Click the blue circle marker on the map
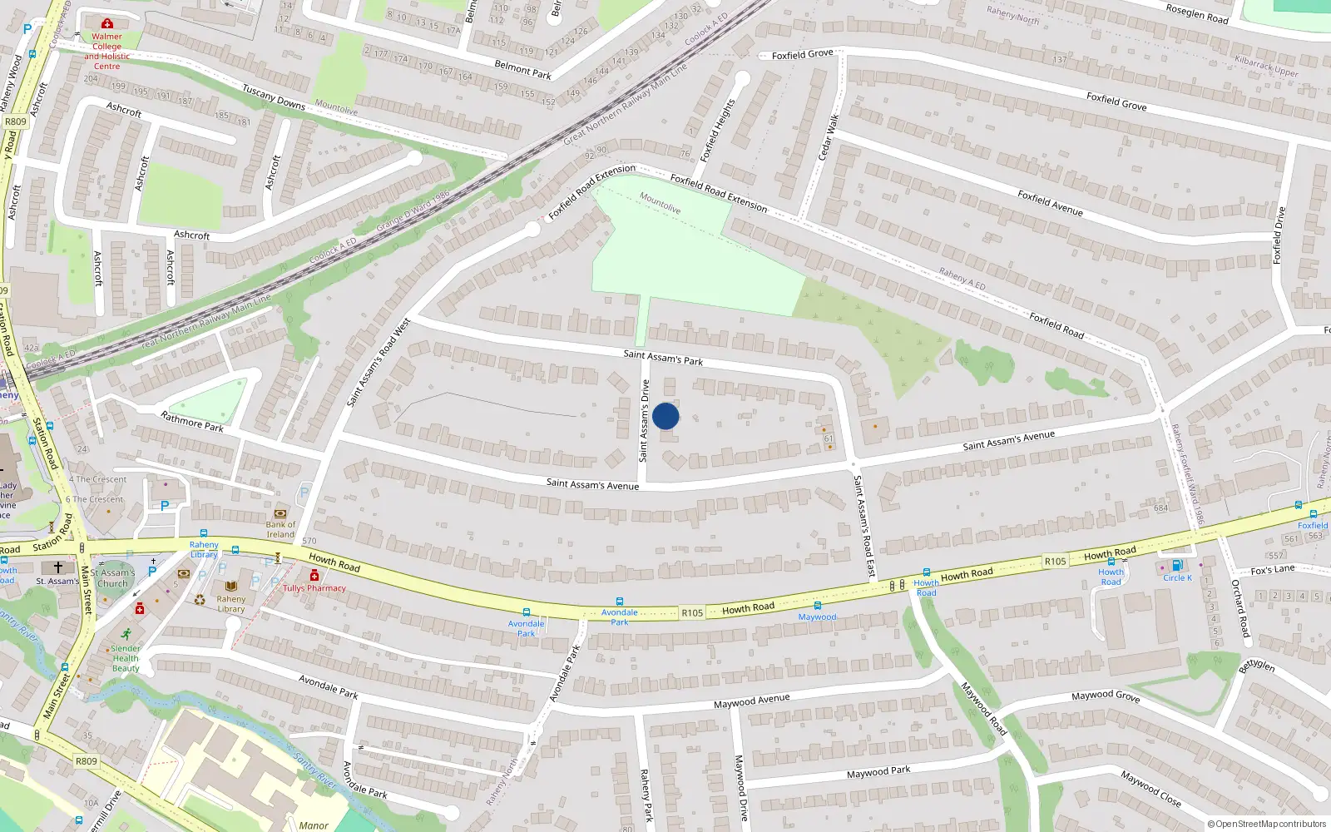pyautogui.click(x=665, y=416)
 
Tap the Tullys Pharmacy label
pyautogui.click(x=314, y=588)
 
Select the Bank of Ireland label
pyautogui.click(x=280, y=529)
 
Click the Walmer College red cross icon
pyautogui.click(x=107, y=24)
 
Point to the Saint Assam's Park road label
pyautogui.click(x=663, y=358)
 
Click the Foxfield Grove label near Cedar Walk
pyautogui.click(x=802, y=55)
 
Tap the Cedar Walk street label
pyautogui.click(x=829, y=137)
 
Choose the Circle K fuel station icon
pyautogui.click(x=1177, y=565)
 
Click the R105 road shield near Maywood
pyautogui.click(x=692, y=612)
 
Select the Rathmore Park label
pyautogui.click(x=192, y=422)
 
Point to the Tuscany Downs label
pyautogui.click(x=274, y=97)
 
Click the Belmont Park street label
pyautogui.click(x=522, y=70)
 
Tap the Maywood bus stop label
pyautogui.click(x=817, y=617)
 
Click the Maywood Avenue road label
pyautogui.click(x=751, y=701)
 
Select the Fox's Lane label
pyautogui.click(x=1273, y=570)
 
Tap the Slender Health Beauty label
pyautogui.click(x=126, y=658)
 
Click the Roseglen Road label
pyautogui.click(x=1196, y=13)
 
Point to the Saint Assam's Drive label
pyautogui.click(x=644, y=421)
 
